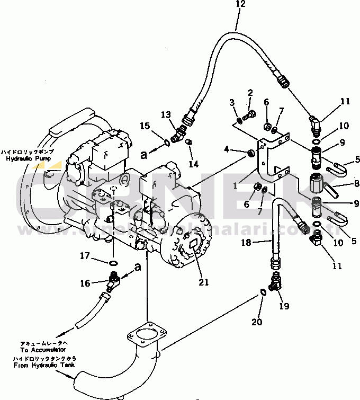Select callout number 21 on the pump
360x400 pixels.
tap(204, 282)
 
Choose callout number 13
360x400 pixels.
tap(166, 114)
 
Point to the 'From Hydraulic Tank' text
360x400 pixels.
tap(43, 366)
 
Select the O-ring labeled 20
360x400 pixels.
tap(263, 292)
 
